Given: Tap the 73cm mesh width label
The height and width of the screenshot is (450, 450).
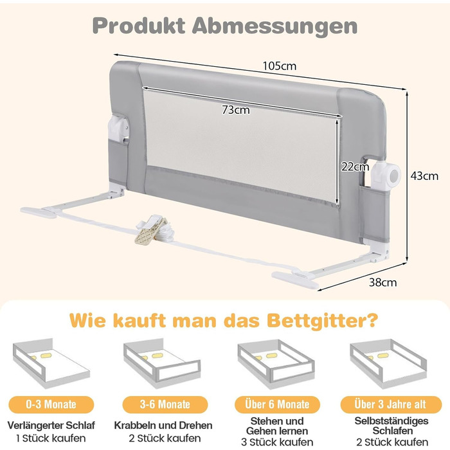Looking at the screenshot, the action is tap(236, 110).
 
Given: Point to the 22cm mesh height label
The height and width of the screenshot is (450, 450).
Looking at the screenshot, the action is tap(355, 166).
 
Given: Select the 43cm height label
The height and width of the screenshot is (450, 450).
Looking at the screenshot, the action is tap(424, 175).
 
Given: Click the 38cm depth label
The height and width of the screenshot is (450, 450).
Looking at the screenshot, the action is tap(383, 282).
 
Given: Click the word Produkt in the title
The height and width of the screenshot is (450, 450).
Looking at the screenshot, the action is tap(139, 26).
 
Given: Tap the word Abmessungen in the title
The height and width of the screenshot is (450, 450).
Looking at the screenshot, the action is tap(274, 26).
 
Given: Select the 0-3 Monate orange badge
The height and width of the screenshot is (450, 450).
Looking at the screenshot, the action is tap(51, 404).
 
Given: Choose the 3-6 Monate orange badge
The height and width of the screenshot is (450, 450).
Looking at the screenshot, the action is tap(165, 404).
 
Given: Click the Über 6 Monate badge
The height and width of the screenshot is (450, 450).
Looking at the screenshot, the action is tap(277, 404).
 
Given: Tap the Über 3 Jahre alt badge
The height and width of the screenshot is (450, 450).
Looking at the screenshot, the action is tap(390, 404).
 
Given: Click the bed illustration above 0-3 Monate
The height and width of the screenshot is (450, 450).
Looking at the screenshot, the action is tap(51, 363).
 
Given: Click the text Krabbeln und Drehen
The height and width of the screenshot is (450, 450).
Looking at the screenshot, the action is tap(163, 425).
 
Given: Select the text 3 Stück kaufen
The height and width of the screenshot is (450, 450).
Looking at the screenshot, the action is tap(277, 442).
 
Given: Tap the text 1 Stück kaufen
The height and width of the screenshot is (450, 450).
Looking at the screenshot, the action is tap(51, 438).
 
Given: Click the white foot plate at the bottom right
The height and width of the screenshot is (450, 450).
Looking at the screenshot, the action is tap(296, 279).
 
